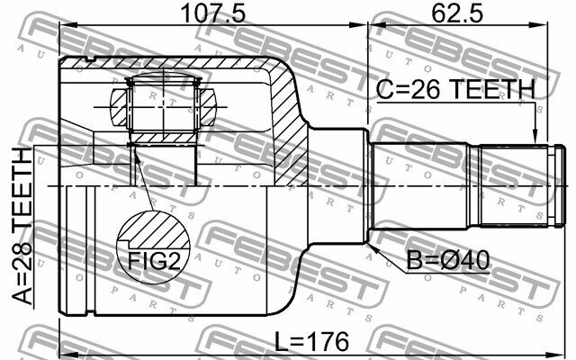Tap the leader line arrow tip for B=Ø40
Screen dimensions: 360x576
371,241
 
